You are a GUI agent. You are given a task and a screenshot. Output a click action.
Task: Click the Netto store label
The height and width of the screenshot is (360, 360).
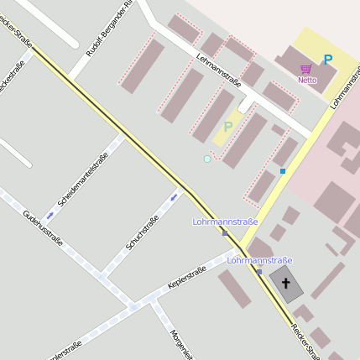[x=307, y=81]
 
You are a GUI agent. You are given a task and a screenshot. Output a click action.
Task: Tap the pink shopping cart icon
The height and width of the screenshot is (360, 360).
[x=307, y=69]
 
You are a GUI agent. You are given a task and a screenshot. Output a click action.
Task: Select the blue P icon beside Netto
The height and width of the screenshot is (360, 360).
[x=327, y=60]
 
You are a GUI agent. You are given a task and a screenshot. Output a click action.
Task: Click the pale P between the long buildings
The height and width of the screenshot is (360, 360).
[x=228, y=128]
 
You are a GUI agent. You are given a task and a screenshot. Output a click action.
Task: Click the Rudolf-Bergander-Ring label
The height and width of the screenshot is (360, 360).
[x=110, y=29]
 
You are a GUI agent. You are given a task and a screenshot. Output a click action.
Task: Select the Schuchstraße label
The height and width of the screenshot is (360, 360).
[x=142, y=233]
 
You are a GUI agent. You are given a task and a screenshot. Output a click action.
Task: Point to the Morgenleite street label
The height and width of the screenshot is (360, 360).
[x=178, y=342]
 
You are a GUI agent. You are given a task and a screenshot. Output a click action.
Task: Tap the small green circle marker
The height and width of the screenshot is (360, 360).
[x=207, y=159]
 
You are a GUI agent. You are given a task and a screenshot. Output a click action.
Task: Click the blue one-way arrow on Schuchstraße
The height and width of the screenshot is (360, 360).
[x=174, y=196]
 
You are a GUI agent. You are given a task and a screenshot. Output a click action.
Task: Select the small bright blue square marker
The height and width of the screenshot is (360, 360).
[x=283, y=171]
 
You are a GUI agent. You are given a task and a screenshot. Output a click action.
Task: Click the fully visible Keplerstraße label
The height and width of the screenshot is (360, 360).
[x=186, y=277]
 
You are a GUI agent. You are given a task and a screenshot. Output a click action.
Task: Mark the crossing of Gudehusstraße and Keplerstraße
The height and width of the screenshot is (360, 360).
[x=133, y=307]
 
